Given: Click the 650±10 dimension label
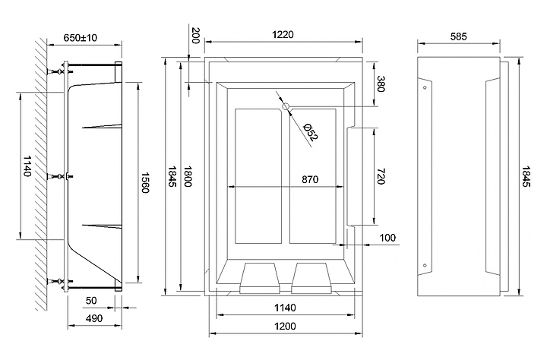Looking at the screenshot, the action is [x=80, y=38].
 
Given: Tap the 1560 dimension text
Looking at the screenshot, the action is [x=145, y=182].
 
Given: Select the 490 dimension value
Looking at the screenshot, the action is [x=94, y=318].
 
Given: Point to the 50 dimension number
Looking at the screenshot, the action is [x=91, y=300].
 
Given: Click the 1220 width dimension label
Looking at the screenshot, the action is [x=283, y=34].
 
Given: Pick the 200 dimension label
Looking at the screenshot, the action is [x=196, y=35].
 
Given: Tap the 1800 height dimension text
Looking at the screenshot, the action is [x=188, y=176].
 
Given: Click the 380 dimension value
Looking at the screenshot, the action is [x=381, y=84].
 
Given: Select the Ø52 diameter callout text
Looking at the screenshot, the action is [x=311, y=132].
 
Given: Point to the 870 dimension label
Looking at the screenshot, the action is [x=310, y=180].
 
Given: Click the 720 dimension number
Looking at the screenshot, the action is [x=381, y=176].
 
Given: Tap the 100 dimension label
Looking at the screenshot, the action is [x=387, y=238].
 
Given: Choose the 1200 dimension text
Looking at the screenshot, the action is [x=285, y=326].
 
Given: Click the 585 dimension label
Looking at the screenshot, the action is [x=458, y=36].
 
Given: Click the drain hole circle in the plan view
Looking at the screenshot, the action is [x=286, y=106].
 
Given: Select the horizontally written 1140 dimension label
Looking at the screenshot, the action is [x=285, y=308].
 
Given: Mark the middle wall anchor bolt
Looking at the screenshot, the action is [x=60, y=176].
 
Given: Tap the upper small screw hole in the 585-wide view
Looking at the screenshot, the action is [x=425, y=87].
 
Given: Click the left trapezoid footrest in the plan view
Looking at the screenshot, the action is [x=260, y=278].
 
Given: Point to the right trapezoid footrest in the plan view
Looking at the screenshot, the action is [x=311, y=278].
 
